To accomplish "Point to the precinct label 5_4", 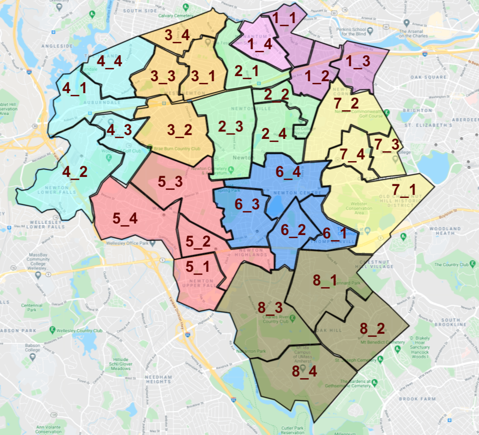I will pos(125,219).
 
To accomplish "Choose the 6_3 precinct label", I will pos(247,205).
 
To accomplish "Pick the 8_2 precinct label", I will pos(372,329).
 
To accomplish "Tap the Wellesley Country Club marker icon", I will pos(52,330).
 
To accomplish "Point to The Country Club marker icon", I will pos(472,264).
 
